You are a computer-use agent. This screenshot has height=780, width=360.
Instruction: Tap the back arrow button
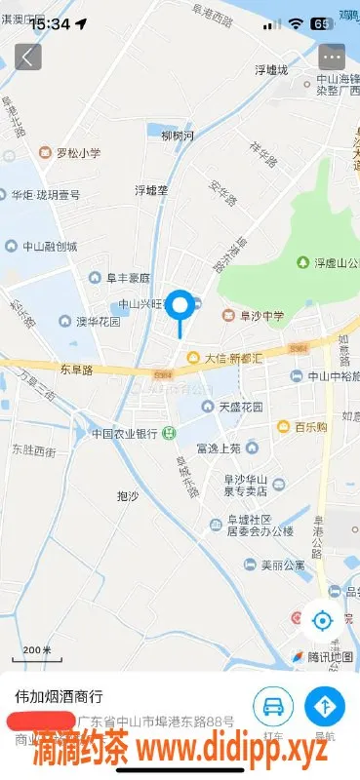pos(28,57)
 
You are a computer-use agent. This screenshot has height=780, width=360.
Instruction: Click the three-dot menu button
pos(333,57)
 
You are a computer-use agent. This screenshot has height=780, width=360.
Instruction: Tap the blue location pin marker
pos(180,307)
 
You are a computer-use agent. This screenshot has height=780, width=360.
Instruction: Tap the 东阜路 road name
pos(75,370)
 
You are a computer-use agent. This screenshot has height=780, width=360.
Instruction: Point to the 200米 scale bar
pos(37,651)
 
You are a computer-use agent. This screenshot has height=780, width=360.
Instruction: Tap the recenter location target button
pos(322,619)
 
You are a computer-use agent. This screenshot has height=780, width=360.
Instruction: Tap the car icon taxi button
pos(273,705)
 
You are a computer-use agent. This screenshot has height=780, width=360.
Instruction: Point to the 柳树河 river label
pos(178,135)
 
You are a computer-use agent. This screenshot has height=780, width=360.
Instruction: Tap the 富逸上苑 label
pos(218,448)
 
